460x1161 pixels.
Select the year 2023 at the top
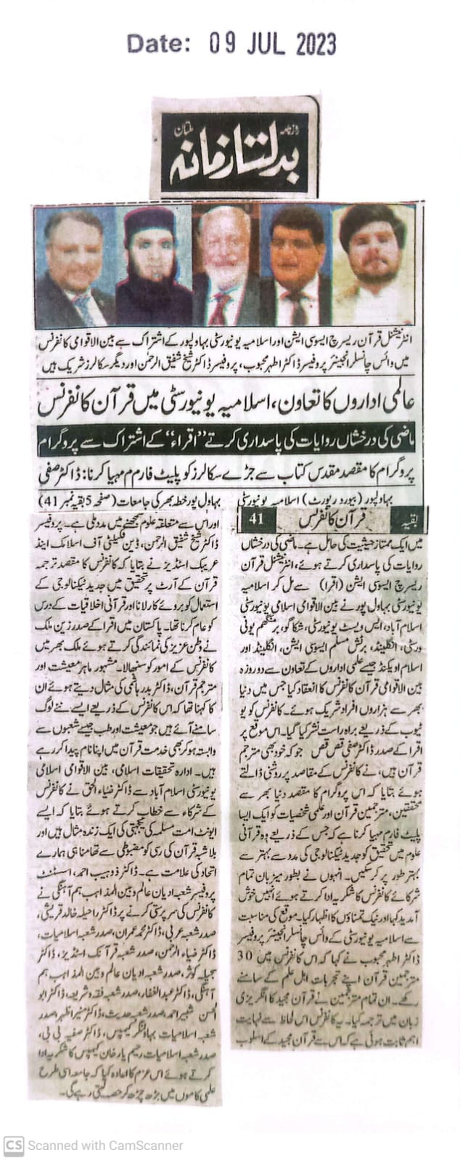coord(316,44)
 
